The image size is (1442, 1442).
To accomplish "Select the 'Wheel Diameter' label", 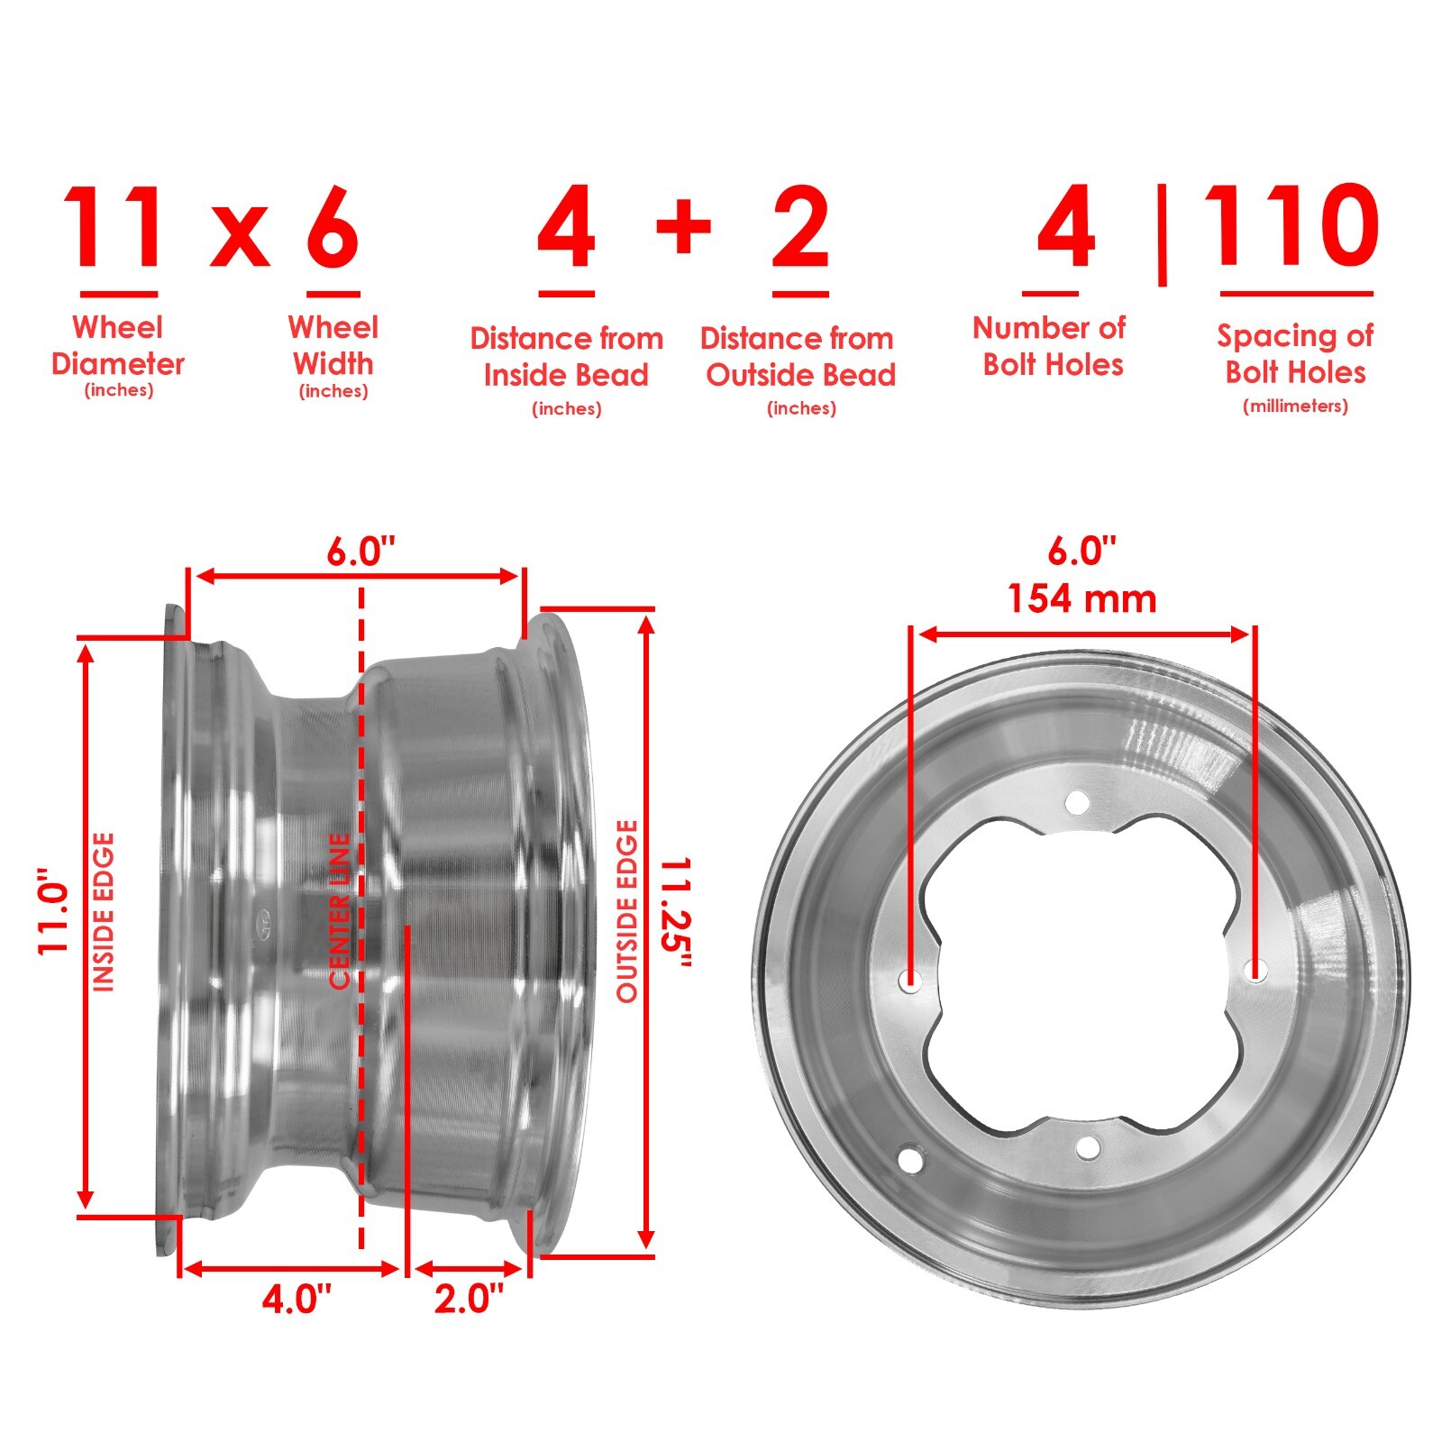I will click(118, 345).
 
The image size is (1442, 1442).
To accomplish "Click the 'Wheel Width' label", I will click(333, 345).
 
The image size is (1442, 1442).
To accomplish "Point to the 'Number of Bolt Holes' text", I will click(1050, 345).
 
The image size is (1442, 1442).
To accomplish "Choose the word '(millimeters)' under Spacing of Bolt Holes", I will click(1295, 406).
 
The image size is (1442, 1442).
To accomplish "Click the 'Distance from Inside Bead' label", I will click(566, 357).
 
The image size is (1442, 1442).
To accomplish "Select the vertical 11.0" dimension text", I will click(54, 910).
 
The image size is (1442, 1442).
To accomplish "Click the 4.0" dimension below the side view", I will click(297, 1300).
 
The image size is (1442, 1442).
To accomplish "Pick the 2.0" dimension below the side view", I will click(469, 1300).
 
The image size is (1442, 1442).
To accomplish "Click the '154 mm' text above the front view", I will click(1081, 599).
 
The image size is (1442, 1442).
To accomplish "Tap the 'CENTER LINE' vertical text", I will click(340, 910).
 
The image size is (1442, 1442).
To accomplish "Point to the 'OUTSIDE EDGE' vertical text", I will click(626, 910).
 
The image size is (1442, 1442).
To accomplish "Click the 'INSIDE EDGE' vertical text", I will click(105, 912).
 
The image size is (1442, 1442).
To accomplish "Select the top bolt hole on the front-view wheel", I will click(1076, 801).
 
